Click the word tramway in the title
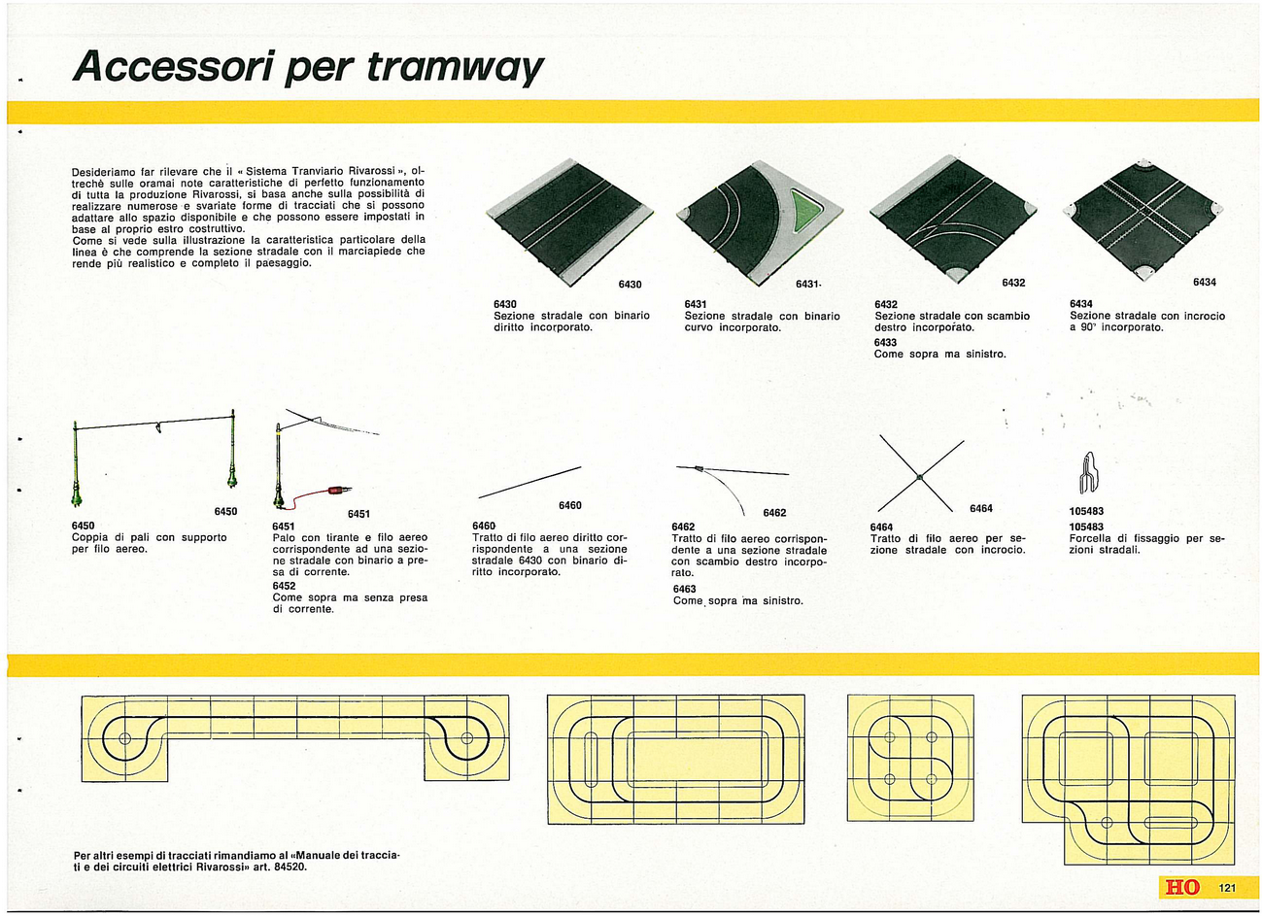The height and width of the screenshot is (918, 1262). click(455, 69)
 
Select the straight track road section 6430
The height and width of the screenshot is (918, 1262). click(569, 221)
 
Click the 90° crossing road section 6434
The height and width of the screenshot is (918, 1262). click(1143, 221)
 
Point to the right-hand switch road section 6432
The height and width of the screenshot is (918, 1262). click(953, 220)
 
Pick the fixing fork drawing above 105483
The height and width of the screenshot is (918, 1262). click(1088, 472)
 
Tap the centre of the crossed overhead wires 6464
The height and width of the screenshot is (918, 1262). click(919, 477)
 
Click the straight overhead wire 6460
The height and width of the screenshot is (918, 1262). click(529, 482)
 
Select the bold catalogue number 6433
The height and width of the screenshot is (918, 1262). click(885, 342)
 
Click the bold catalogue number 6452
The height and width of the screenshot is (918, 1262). click(284, 586)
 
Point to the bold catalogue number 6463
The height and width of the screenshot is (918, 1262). click(685, 589)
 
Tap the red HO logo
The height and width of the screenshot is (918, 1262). click(1182, 888)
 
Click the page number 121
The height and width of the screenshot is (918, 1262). click(1227, 888)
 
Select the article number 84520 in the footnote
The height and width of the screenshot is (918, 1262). click(290, 867)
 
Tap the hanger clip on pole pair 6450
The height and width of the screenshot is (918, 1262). click(157, 427)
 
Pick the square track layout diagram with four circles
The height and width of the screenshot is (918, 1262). click(910, 758)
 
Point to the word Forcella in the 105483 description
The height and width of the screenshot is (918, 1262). click(1090, 538)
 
